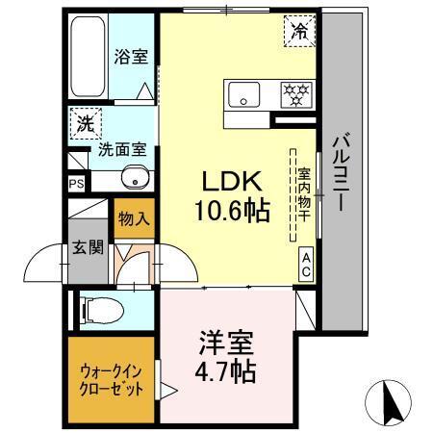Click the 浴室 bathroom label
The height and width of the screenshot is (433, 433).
pyautogui.click(x=132, y=55)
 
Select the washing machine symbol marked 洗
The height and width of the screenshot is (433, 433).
pyautogui.click(x=85, y=124)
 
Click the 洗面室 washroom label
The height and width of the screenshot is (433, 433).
pyautogui.click(x=118, y=151)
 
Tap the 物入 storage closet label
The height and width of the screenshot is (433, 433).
pyautogui.click(x=134, y=218)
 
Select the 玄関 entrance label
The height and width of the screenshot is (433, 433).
pyautogui.click(x=86, y=248)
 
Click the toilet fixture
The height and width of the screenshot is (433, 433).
pyautogui.click(x=101, y=309)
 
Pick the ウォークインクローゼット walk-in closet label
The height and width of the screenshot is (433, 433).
pyautogui.click(x=110, y=381)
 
